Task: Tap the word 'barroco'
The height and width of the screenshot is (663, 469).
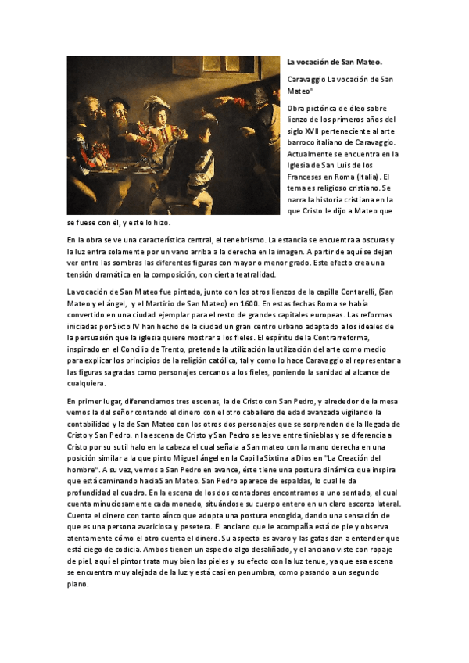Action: [304, 142]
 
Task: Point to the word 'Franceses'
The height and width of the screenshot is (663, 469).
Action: [308, 177]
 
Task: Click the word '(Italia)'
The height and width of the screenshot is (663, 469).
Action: [360, 177]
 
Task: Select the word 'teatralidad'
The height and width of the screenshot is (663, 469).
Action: [252, 275]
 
